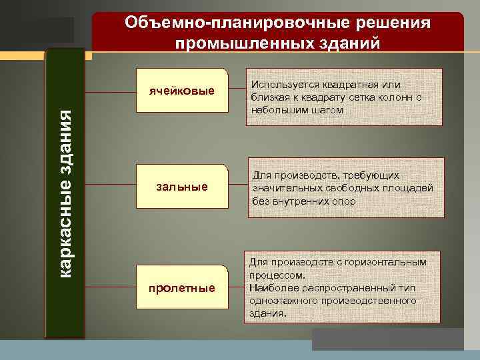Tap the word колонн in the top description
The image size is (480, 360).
[393, 97]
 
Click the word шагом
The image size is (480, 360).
[327, 109]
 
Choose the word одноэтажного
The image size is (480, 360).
[282, 300]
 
